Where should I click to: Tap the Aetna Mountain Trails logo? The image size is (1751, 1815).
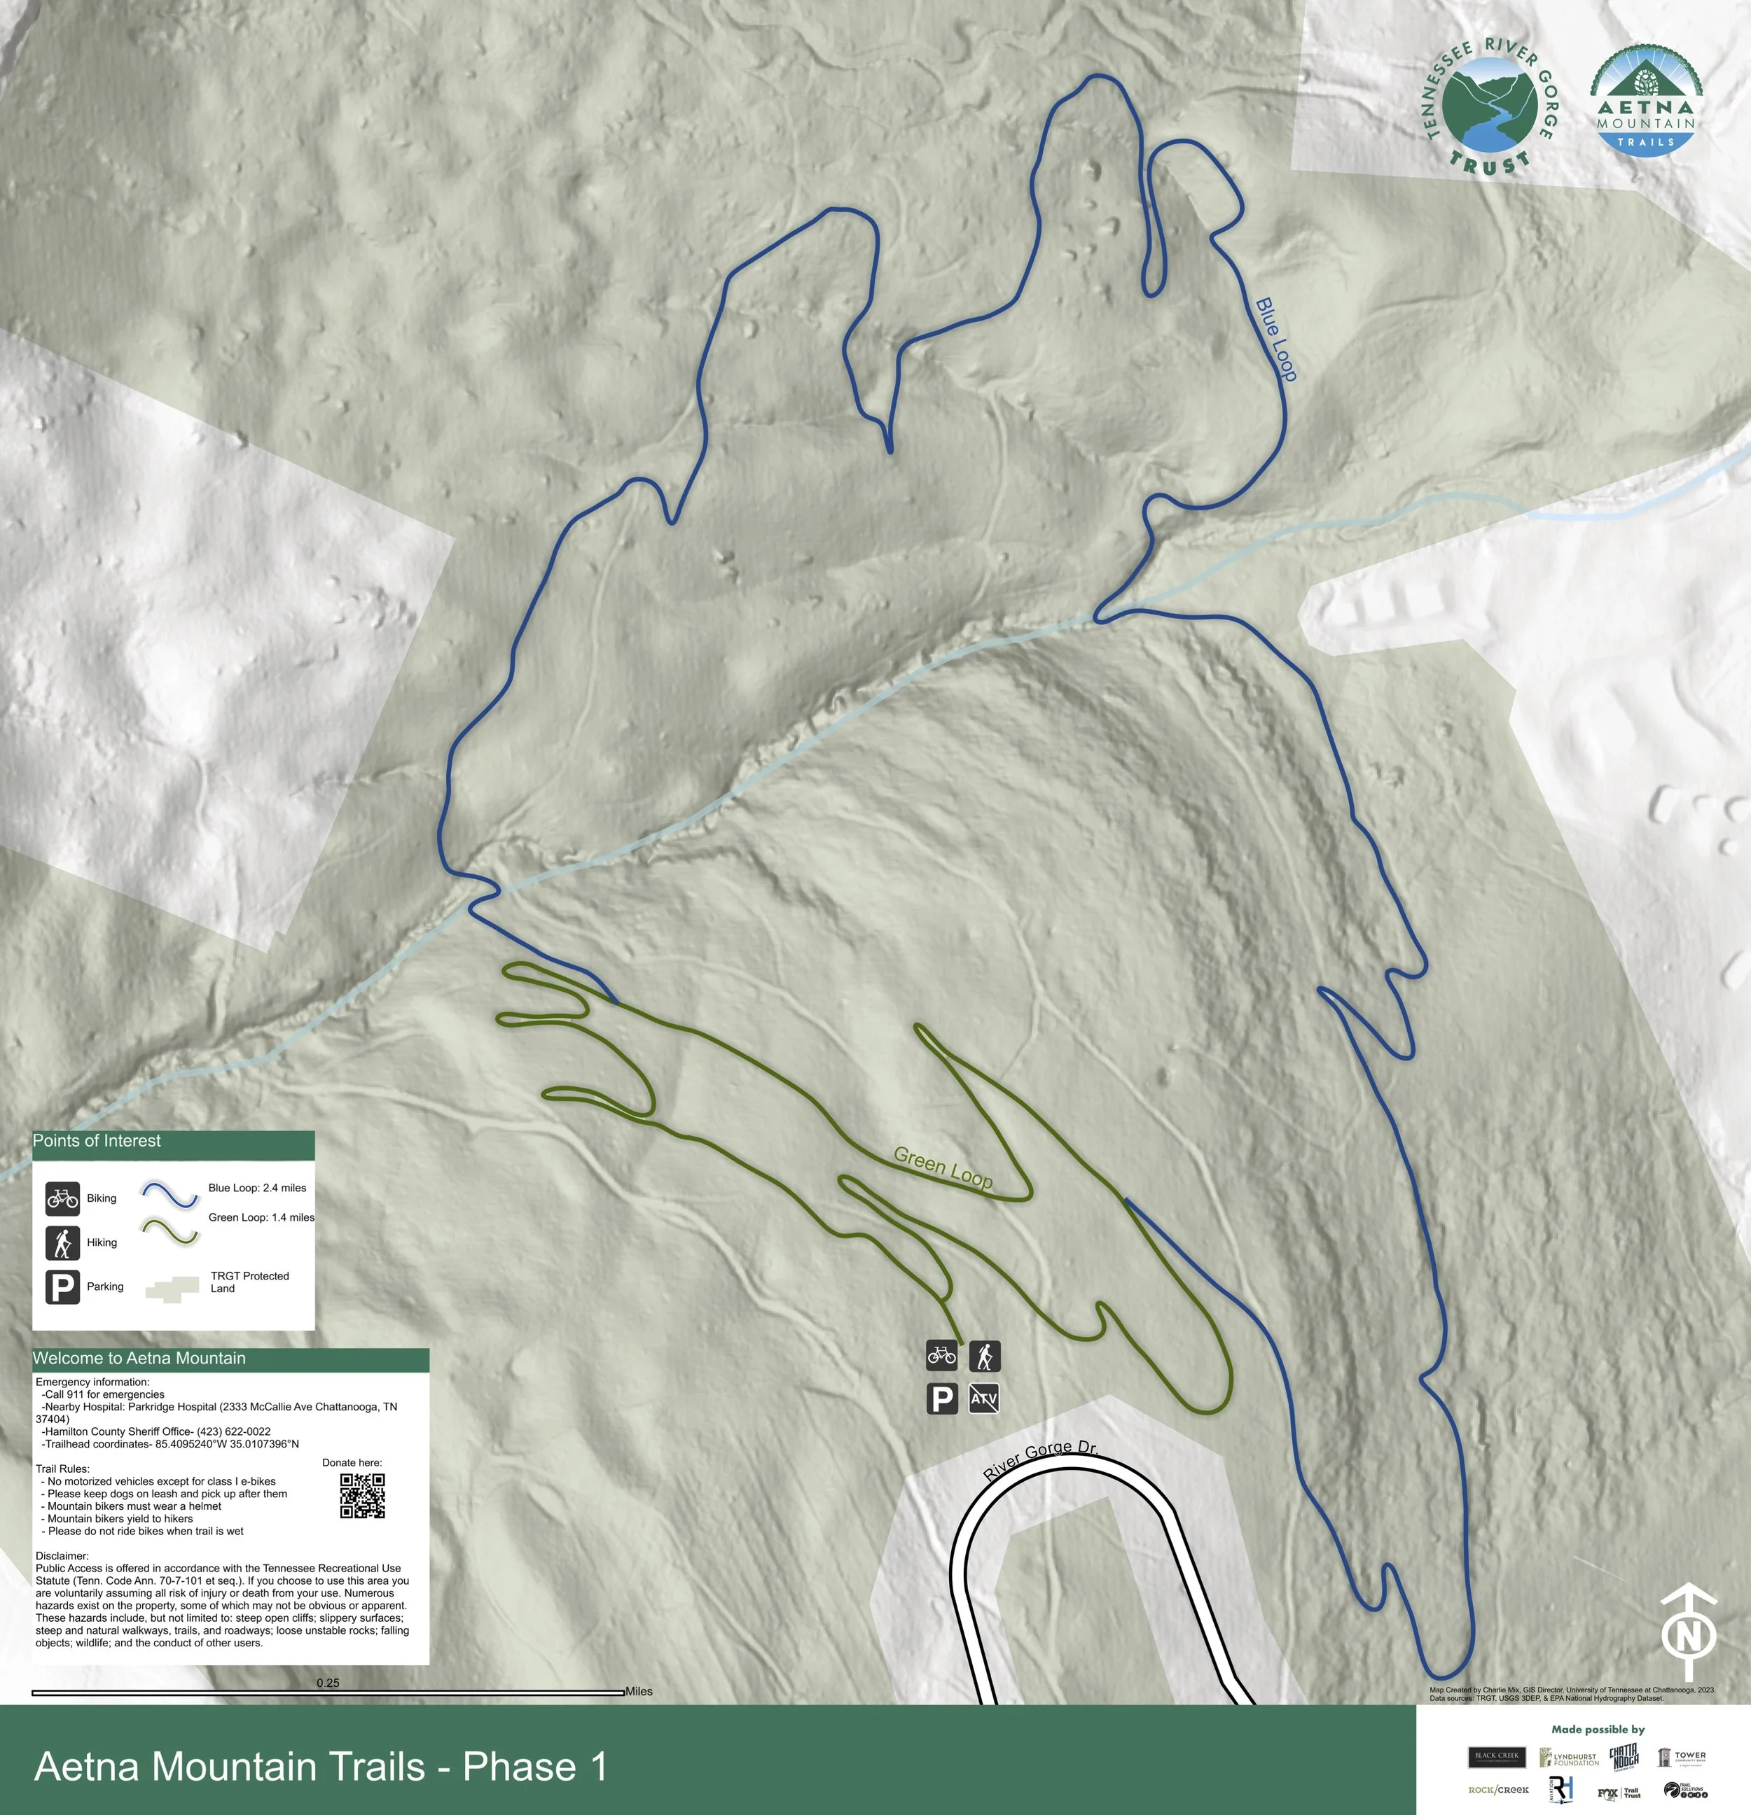[1647, 102]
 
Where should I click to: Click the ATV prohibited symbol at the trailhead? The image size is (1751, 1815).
[984, 1399]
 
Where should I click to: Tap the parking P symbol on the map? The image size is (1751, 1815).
[942, 1399]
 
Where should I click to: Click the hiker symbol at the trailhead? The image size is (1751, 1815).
[985, 1357]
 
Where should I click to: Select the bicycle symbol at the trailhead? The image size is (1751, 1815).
[942, 1356]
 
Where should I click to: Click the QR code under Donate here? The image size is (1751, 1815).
[362, 1496]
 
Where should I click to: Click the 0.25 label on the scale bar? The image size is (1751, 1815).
[328, 1683]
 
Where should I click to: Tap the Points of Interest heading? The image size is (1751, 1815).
[97, 1141]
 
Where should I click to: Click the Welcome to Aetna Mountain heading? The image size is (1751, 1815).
[139, 1359]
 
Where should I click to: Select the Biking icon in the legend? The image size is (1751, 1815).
[62, 1198]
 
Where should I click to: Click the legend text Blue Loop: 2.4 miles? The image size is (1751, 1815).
[256, 1188]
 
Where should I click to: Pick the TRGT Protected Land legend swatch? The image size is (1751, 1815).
[172, 1287]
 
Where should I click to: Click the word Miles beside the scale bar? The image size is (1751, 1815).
[638, 1691]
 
